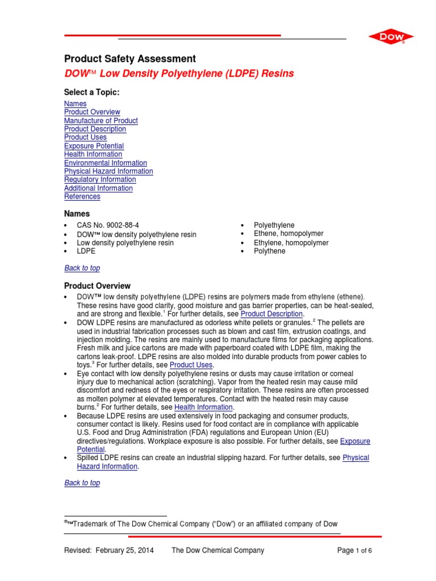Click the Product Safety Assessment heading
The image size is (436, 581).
coord(130,59)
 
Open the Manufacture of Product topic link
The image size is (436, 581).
coord(101,121)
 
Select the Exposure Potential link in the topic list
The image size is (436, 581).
coord(94,146)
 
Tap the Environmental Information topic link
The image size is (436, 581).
coord(106,163)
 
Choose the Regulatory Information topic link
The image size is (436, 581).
coord(100,180)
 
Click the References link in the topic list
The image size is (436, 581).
coord(82,197)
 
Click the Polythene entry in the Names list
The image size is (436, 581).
coord(270,251)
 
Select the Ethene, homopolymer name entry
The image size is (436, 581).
coord(288,234)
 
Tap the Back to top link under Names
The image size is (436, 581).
coord(82,268)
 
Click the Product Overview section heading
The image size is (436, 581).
coord(97,286)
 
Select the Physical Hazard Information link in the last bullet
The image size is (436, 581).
coord(356,458)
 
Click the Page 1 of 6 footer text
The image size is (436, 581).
coord(355,550)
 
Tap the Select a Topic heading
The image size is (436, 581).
coord(92,92)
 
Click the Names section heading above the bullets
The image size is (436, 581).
coord(77,214)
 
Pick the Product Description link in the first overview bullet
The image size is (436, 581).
coord(272,314)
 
